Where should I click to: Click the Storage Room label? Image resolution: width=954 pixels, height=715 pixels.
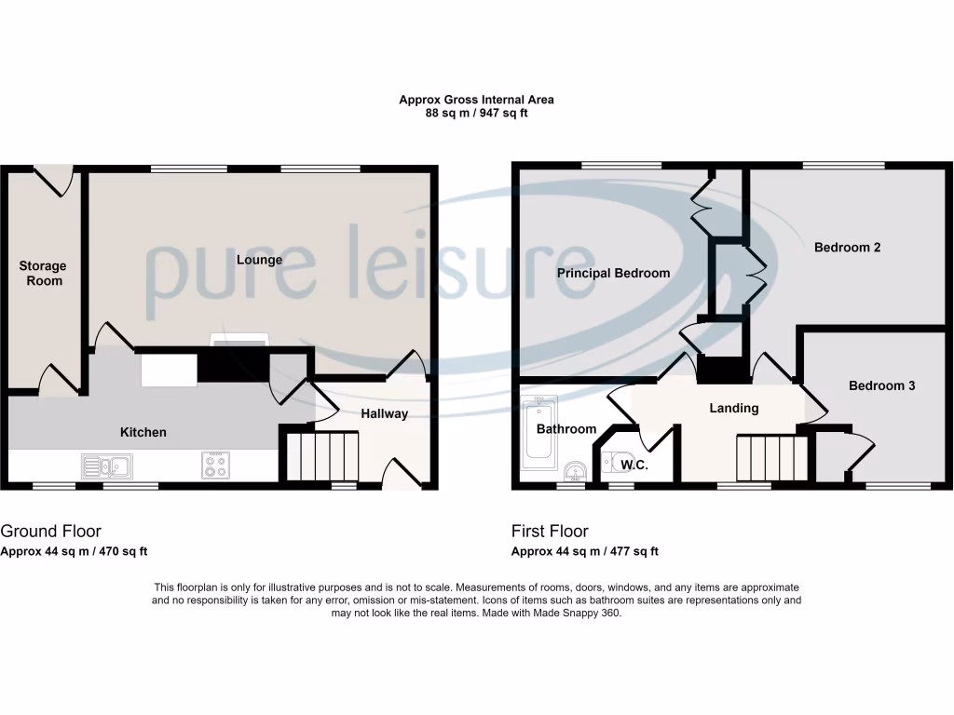43,273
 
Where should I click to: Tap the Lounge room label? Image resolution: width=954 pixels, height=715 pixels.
259,260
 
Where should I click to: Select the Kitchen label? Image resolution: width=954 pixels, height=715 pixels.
143,432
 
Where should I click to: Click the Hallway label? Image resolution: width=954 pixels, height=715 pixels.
385,413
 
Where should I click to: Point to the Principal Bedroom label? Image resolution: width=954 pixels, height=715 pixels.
613,273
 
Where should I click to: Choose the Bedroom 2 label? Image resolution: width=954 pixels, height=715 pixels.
847,248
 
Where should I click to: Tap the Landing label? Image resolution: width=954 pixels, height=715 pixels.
734,408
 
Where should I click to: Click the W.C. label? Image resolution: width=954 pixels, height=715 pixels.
635,463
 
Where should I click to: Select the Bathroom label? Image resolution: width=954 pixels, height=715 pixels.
566,429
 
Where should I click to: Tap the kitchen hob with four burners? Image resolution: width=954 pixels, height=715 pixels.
216,465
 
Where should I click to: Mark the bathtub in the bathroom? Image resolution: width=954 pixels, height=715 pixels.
541,433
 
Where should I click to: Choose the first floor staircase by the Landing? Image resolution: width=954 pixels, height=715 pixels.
771,457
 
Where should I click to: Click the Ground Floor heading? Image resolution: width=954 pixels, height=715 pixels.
50,532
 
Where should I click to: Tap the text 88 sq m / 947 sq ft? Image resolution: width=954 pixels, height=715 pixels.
476,113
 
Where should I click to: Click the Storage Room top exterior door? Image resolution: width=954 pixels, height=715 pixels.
53,177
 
